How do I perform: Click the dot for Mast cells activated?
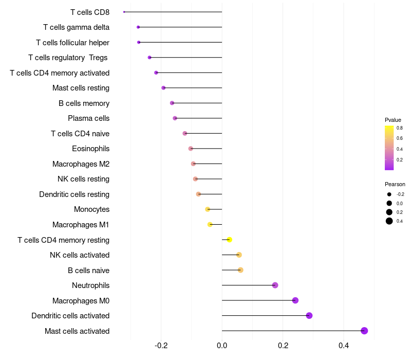(x=364, y=331)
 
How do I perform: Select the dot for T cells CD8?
(x=124, y=12)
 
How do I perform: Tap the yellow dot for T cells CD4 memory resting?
(x=229, y=240)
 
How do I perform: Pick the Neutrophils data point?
(x=275, y=285)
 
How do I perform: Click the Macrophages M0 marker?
(x=295, y=300)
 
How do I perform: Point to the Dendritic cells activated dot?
(x=309, y=315)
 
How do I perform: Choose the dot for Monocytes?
(x=208, y=209)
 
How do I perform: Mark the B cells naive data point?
(x=240, y=270)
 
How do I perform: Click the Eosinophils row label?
(x=91, y=149)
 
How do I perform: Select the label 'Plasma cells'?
(x=88, y=118)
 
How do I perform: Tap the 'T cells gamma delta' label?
(x=76, y=27)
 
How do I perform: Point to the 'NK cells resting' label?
(x=83, y=179)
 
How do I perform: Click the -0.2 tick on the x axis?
(x=161, y=345)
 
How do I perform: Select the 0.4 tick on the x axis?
(x=344, y=345)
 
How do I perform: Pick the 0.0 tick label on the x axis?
(x=222, y=345)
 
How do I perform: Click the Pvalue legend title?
(x=393, y=120)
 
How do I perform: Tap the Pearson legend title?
(x=395, y=184)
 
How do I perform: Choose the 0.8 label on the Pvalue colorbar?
(x=400, y=128)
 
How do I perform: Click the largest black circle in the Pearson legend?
(x=389, y=221)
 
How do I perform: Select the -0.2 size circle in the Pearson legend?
(x=389, y=194)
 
